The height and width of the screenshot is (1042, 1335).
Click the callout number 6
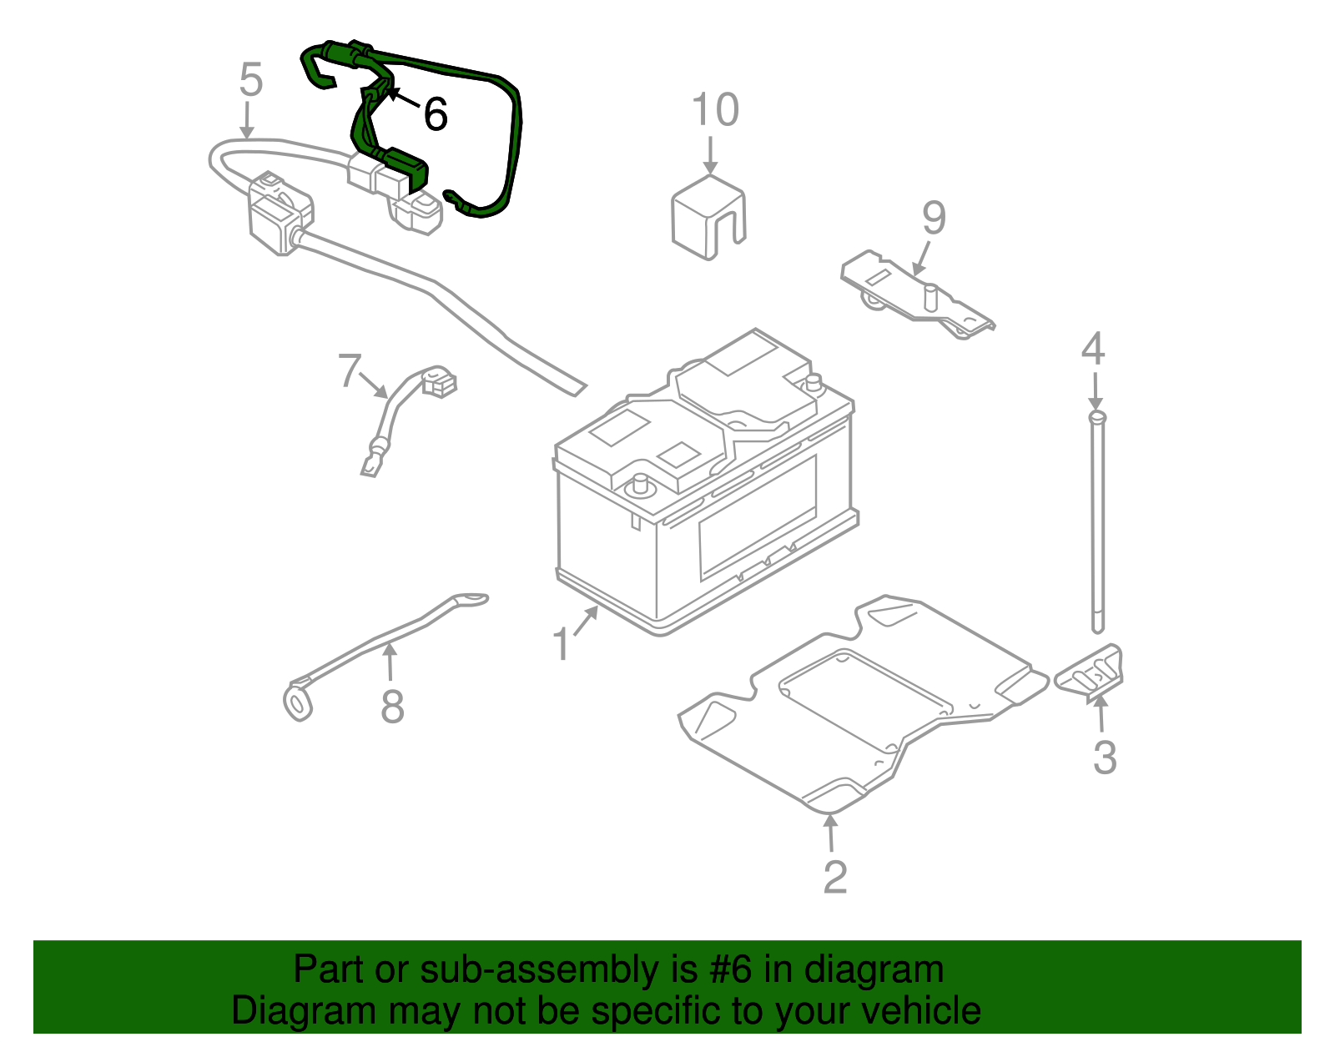tap(435, 114)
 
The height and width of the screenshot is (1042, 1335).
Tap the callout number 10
tap(715, 110)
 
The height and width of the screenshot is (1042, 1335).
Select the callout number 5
tap(250, 80)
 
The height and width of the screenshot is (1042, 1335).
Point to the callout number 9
tap(934, 218)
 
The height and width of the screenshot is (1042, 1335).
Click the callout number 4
tap(1092, 349)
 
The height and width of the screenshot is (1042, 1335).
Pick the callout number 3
tap(1104, 758)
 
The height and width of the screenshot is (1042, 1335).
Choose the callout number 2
tap(834, 876)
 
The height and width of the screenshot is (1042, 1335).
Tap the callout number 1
tap(562, 645)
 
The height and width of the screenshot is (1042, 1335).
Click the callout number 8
tap(392, 707)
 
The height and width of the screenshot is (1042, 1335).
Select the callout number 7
tap(350, 370)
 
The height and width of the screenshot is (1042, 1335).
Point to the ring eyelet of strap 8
tap(297, 702)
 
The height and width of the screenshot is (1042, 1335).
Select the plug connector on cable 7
tap(439, 382)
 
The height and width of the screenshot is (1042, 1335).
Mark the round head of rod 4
tap(1096, 415)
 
